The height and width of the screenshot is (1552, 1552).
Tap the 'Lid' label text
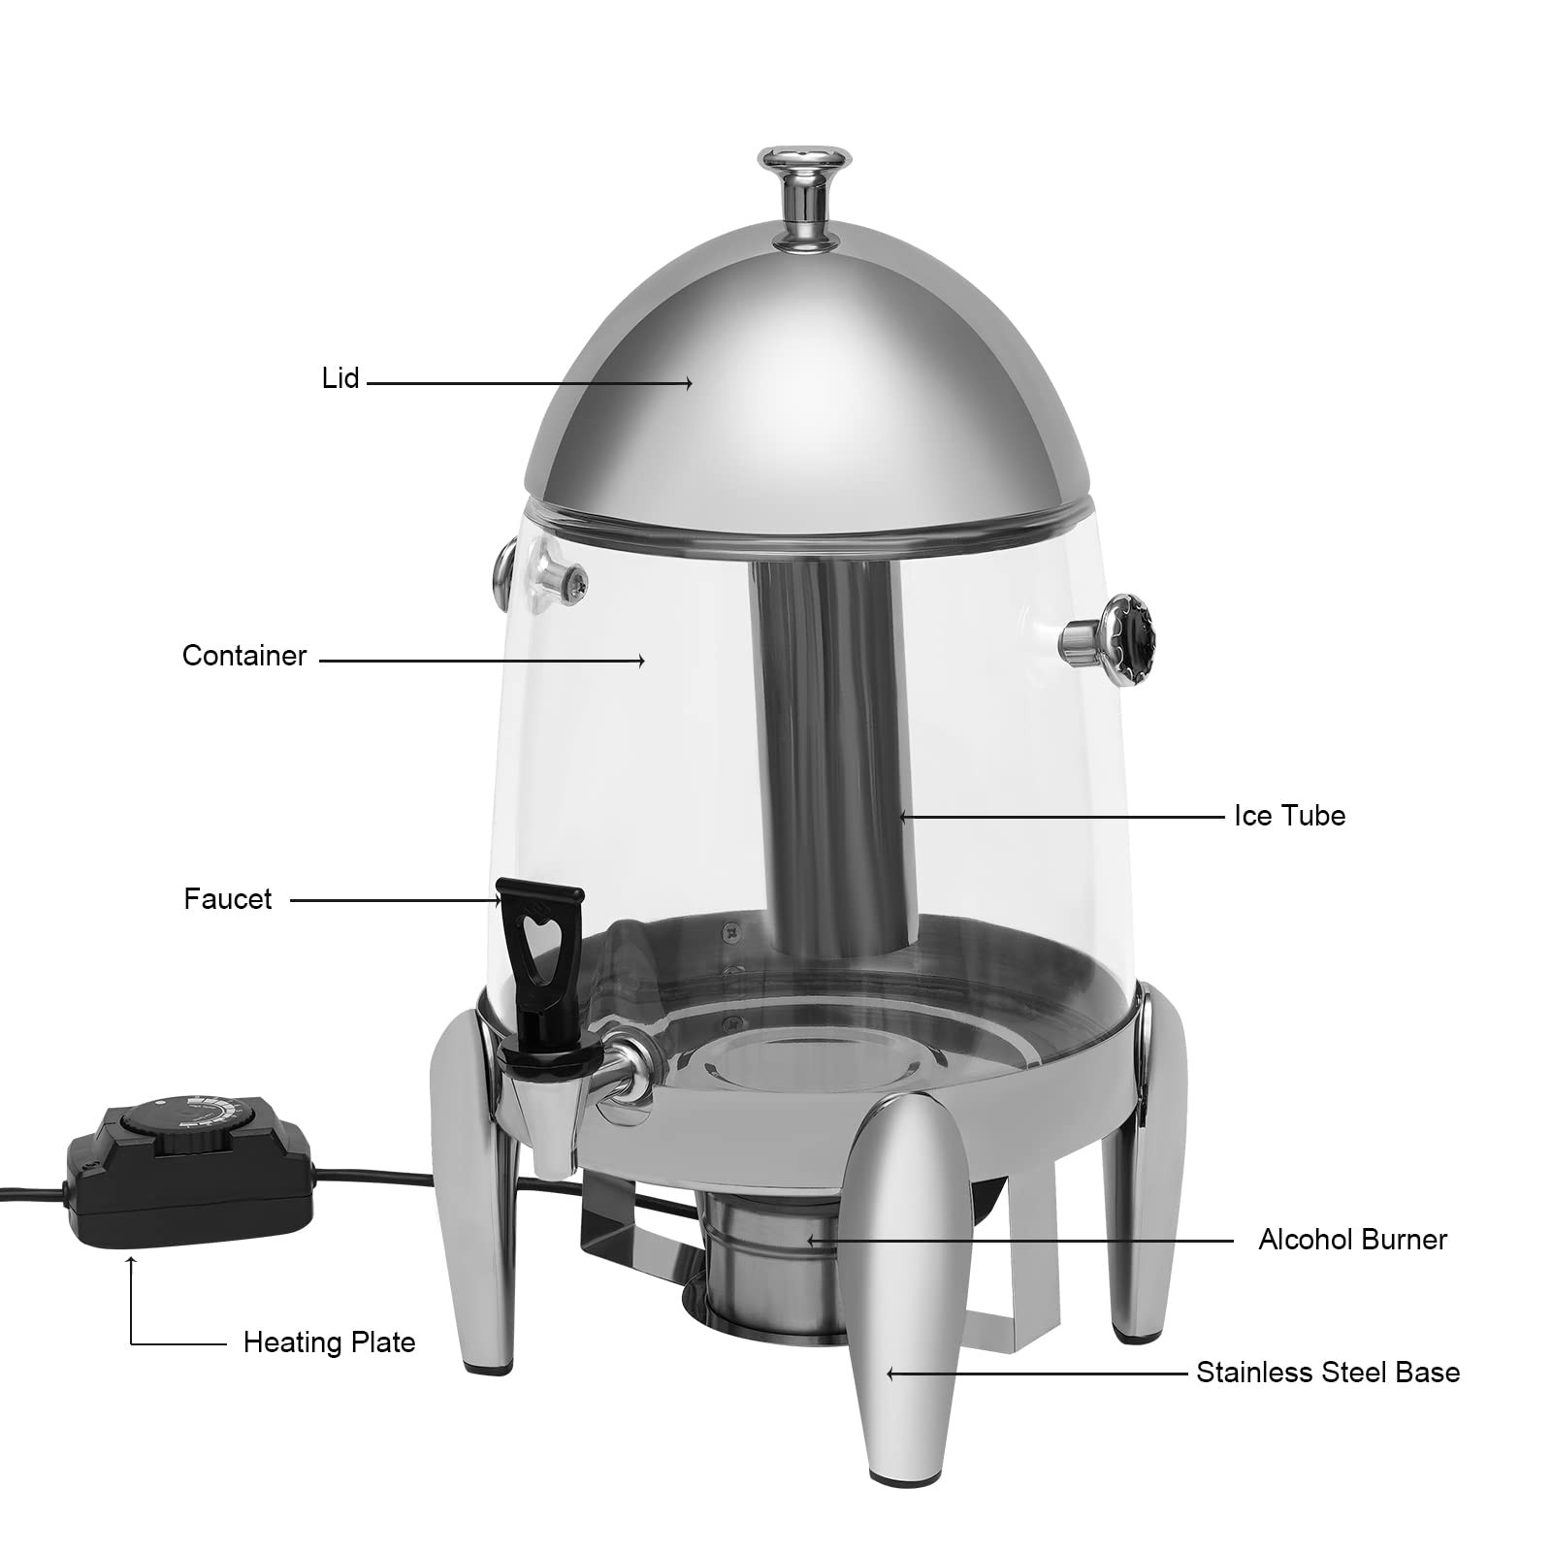click(340, 378)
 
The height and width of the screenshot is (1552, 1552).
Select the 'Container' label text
click(244, 657)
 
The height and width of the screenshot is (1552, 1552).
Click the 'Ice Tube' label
click(1289, 816)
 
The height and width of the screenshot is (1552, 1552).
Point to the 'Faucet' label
click(228, 899)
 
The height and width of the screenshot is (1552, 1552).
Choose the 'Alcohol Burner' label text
click(1352, 1240)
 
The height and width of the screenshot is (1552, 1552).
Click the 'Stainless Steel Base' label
click(1327, 1373)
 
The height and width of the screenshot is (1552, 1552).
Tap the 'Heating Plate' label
click(329, 1342)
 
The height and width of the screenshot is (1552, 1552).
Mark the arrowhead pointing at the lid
click(688, 383)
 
